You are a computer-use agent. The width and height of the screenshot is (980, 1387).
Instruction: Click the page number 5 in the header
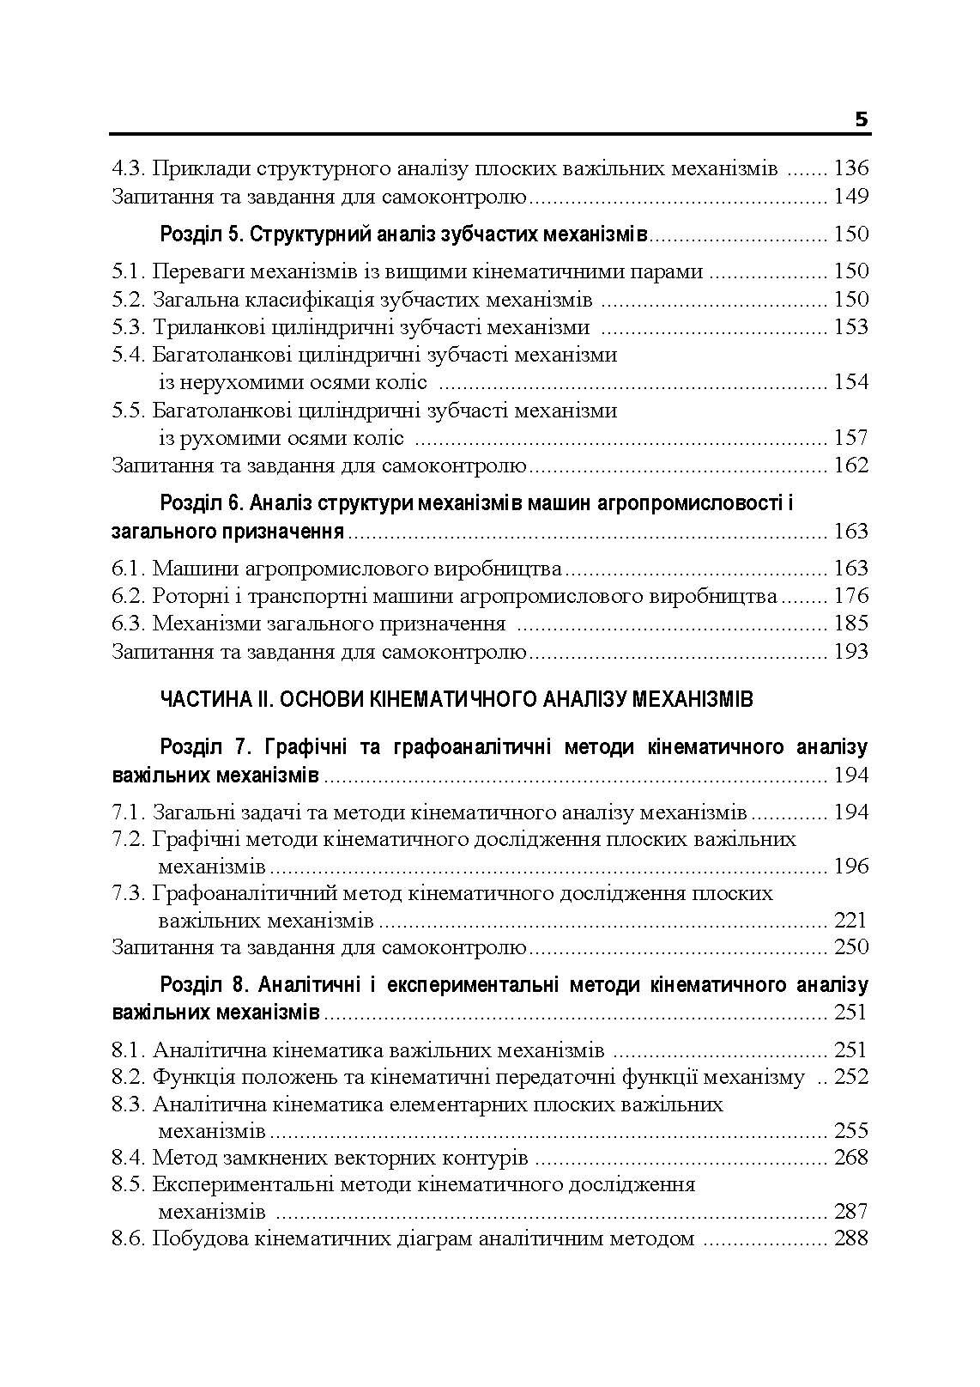862,119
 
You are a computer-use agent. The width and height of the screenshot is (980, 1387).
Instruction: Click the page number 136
850,168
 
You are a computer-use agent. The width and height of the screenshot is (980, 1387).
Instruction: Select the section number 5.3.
129,327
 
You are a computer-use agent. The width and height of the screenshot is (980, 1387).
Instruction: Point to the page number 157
850,438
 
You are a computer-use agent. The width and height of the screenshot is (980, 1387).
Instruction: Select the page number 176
850,596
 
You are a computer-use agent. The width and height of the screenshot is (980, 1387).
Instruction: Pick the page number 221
850,922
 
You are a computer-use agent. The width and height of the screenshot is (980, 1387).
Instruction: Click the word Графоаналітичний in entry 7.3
237,894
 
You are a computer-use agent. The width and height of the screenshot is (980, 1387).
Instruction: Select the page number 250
850,948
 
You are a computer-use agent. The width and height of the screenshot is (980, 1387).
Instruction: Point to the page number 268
850,1158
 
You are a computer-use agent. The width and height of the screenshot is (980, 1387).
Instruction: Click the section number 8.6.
129,1239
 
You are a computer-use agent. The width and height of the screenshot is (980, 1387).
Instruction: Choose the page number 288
850,1239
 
